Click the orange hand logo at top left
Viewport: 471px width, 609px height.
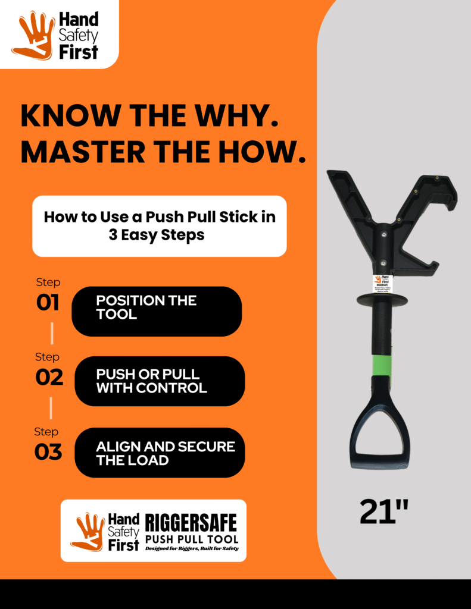[33, 34]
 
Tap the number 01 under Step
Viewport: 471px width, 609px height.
[48, 303]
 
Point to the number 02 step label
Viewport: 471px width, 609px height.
[49, 377]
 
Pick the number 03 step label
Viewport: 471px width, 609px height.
[48, 451]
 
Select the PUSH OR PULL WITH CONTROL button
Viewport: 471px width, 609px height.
[159, 381]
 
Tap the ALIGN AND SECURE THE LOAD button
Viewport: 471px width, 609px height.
[159, 453]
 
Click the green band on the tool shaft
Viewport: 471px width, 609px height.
[382, 365]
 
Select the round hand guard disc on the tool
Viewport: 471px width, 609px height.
[382, 299]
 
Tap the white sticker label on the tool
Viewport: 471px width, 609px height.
[382, 283]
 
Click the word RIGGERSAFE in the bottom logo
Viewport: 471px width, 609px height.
[191, 523]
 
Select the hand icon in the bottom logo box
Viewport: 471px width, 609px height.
[88, 531]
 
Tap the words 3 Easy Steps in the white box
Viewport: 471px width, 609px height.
[157, 235]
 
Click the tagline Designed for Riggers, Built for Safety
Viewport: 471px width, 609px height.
[192, 548]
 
